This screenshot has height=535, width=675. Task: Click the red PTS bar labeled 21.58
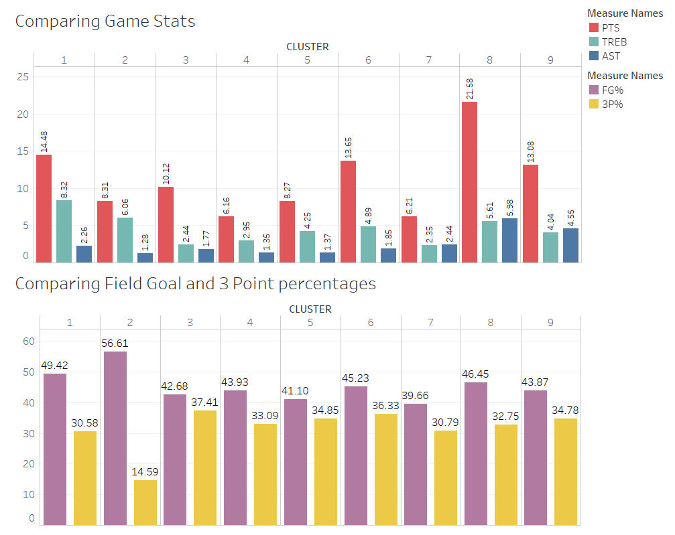click(469, 182)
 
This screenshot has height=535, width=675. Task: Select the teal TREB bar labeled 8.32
click(64, 232)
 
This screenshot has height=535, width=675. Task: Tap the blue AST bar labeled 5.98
click(509, 240)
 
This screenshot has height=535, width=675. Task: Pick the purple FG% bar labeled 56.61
click(115, 438)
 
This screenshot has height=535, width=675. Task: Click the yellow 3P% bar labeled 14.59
click(145, 503)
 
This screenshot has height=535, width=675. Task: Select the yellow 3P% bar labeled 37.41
click(205, 468)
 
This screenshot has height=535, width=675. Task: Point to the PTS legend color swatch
click(594, 27)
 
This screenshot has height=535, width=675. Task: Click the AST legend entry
click(605, 56)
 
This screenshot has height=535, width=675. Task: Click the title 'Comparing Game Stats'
click(105, 21)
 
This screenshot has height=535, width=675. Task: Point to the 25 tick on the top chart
click(23, 77)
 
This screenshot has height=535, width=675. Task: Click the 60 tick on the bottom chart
click(29, 341)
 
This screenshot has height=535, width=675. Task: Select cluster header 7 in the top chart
click(429, 60)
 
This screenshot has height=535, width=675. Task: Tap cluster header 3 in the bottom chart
click(190, 323)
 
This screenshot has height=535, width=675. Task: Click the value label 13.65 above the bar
click(349, 148)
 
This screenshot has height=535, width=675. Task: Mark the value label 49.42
click(55, 365)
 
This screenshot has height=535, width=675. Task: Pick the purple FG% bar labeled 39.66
click(416, 465)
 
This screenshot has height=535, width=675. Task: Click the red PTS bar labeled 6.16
click(227, 240)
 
